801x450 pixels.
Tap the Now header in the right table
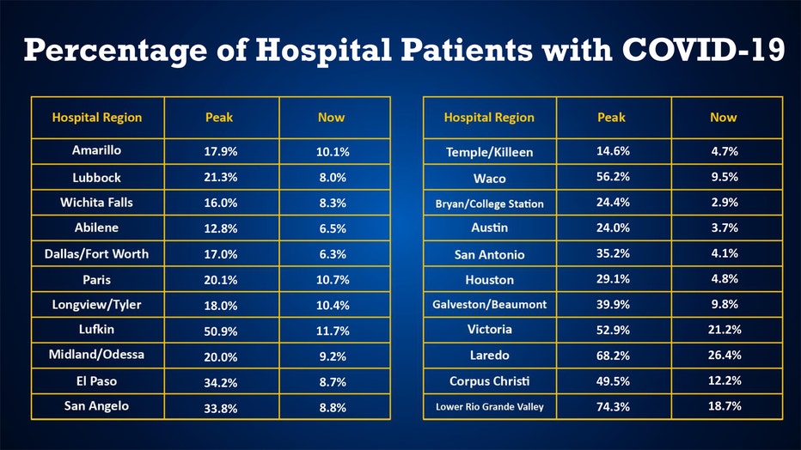coord(724,118)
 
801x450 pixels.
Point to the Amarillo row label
coord(96,150)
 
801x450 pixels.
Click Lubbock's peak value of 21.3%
coord(221,178)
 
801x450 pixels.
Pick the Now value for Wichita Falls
coord(332,204)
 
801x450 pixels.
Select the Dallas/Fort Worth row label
coord(96,253)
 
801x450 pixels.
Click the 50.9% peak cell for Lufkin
coord(221,331)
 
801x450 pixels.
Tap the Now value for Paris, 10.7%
coord(332,280)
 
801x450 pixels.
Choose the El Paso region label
coord(96,381)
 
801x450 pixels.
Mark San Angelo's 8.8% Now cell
coord(332,408)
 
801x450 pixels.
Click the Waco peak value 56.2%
coord(613,178)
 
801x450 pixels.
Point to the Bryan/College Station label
coord(489,204)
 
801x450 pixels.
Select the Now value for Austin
coord(724,228)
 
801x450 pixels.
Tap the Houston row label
coord(489,280)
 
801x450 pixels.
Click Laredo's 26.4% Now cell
coord(724,356)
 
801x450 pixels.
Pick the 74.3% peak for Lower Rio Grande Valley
coord(613,406)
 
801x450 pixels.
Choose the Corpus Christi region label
coord(489,381)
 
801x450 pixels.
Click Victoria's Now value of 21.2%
coord(724,330)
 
